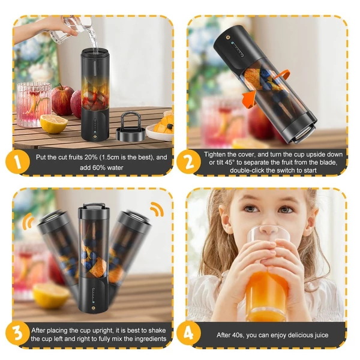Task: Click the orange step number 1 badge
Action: (17, 161)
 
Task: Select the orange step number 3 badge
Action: (17, 334)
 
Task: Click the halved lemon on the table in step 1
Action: (54, 124)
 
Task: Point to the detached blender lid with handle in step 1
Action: (131, 127)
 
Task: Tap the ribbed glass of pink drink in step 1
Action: (34, 104)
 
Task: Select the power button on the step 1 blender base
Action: (95, 137)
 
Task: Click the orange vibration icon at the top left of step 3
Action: (28, 221)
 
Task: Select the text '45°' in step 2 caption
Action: (227, 163)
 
